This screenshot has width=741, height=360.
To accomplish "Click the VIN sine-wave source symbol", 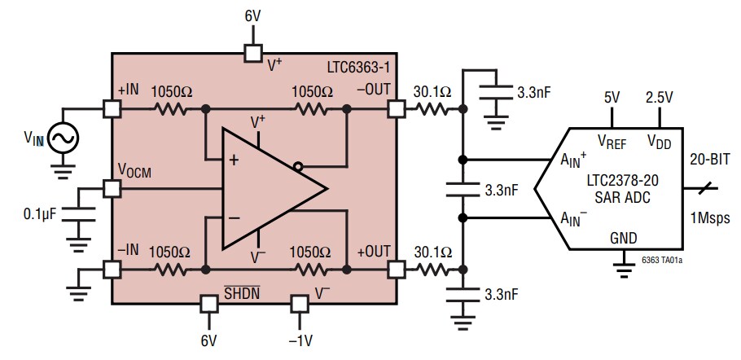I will click(63, 138).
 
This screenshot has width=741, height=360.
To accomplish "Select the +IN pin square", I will click(112, 108).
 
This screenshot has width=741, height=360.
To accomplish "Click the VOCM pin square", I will click(112, 189).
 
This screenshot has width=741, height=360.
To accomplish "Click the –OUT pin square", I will click(396, 108).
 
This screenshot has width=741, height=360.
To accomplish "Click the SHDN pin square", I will click(209, 304).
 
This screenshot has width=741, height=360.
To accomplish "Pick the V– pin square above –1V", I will click(300, 304).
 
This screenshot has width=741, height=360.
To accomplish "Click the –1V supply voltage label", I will click(300, 340).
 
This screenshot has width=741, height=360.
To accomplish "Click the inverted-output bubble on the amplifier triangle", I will click(298, 168).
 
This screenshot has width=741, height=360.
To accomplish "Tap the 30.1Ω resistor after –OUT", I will click(432, 108).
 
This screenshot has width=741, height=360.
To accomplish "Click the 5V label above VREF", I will click(612, 98).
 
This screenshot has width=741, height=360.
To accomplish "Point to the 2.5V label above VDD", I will click(660, 98).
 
